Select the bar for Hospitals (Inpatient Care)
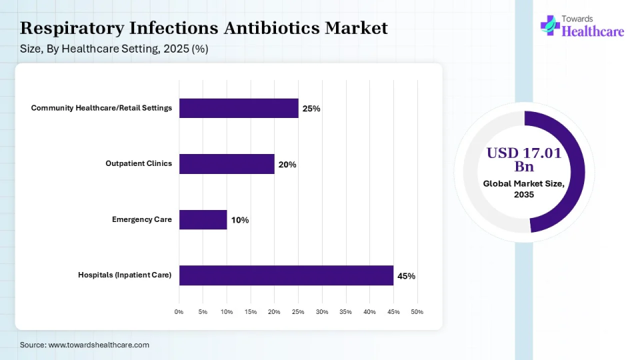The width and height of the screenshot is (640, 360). (x=286, y=275)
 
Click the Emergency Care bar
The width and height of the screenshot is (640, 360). (x=203, y=219)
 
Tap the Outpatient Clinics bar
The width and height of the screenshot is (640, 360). (x=227, y=164)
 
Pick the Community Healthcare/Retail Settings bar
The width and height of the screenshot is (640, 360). (x=239, y=108)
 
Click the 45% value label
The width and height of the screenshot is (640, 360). (x=407, y=276)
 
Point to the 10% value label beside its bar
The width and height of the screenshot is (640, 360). (x=240, y=220)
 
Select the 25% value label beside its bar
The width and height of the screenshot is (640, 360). (x=311, y=109)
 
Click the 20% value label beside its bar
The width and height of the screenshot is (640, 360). (x=287, y=165)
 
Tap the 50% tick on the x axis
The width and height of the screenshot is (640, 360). (x=417, y=312)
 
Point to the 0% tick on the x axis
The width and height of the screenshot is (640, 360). (x=179, y=312)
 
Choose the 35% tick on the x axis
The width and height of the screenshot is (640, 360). (x=345, y=312)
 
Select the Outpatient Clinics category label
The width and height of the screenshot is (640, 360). (x=139, y=163)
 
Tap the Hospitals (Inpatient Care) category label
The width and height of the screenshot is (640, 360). (x=125, y=275)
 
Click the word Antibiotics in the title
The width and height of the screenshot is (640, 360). (x=271, y=28)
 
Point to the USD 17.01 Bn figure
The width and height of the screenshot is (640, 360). (x=523, y=159)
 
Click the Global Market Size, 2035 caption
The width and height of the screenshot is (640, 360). (x=524, y=189)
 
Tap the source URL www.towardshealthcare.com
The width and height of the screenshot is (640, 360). (x=99, y=345)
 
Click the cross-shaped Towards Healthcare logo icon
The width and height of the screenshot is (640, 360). (x=549, y=25)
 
